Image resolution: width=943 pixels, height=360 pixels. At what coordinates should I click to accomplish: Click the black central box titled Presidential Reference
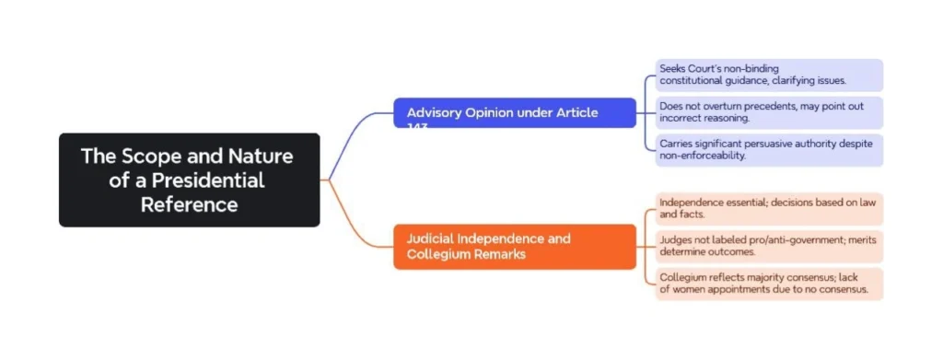189,180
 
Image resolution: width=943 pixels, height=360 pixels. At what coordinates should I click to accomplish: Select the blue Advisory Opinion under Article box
514,112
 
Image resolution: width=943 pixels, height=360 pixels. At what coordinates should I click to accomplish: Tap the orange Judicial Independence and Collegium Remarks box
514,246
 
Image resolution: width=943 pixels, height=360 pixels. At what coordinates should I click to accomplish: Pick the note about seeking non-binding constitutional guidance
769,75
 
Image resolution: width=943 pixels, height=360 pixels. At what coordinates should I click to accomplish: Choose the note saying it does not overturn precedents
769,112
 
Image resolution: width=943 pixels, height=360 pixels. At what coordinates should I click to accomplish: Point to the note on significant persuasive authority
769,150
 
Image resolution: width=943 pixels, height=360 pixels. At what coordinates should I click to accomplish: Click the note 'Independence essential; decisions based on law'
769,208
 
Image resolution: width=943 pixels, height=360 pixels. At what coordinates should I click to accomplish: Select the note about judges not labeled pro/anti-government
769,246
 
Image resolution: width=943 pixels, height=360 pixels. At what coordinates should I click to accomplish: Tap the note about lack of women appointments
769,284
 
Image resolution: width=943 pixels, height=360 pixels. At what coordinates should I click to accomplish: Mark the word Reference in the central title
189,204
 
